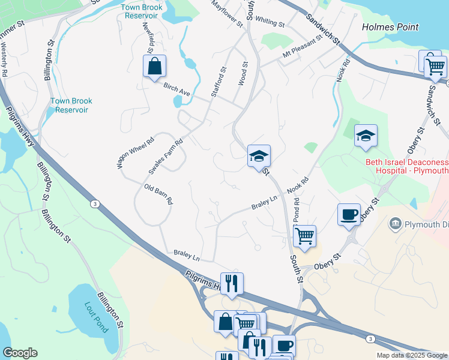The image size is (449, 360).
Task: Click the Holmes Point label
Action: pyautogui.click(x=390, y=27)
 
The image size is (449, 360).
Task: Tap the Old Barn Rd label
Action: pyautogui.click(x=158, y=194)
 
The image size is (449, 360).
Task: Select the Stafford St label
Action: pyautogui.click(x=218, y=82)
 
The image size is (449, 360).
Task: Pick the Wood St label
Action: pyautogui.click(x=244, y=73)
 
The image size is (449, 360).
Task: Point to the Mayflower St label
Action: pyautogui.click(x=226, y=14)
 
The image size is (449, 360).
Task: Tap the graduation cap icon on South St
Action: pyautogui.click(x=259, y=156)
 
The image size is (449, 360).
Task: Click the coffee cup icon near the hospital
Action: pyautogui.click(x=349, y=214)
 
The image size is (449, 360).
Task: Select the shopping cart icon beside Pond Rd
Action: pyautogui.click(x=305, y=235)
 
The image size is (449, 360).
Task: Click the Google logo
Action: pyautogui.click(x=20, y=353)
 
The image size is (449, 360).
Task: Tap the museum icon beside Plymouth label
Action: pyautogui.click(x=395, y=224)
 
